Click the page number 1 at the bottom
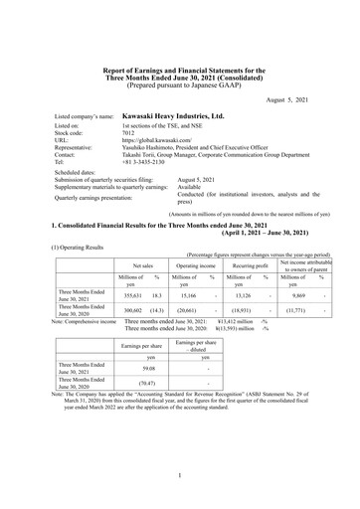coord(180,478)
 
